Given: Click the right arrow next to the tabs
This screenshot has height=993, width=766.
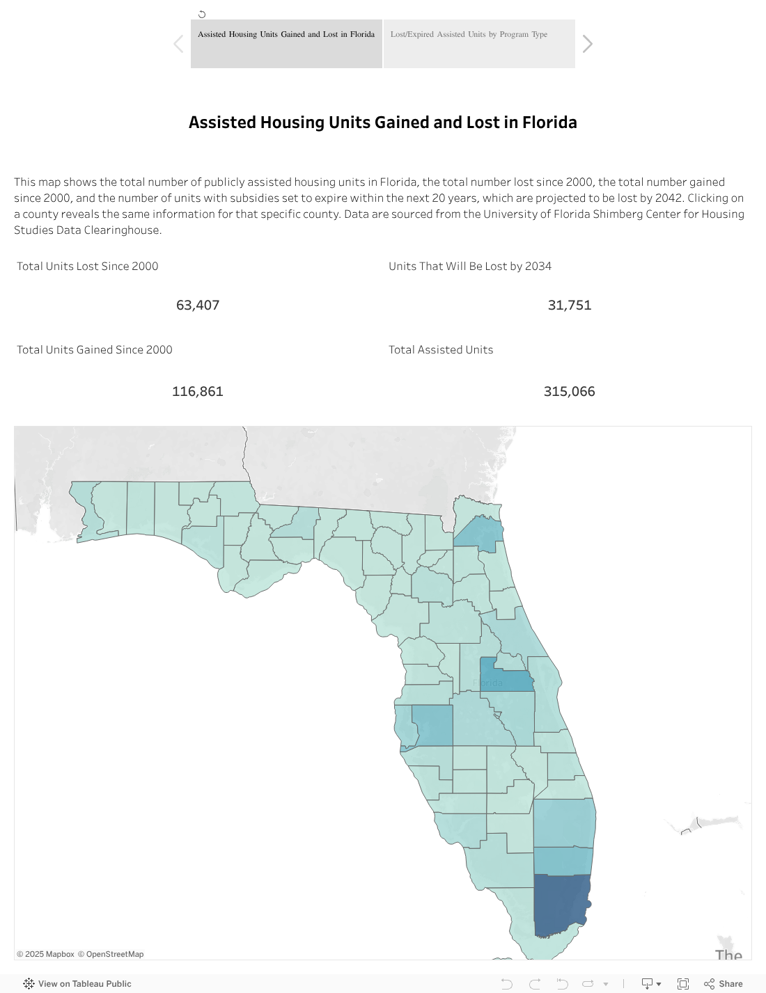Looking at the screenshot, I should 588,44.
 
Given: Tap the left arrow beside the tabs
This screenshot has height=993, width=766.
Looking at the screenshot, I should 178,44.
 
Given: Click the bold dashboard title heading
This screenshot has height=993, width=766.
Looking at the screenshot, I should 382,122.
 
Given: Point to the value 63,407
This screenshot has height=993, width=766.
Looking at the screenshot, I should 198,305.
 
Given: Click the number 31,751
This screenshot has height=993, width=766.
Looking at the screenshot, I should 569,305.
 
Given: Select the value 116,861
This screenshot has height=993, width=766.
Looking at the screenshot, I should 198,391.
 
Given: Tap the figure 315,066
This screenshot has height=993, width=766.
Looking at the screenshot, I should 569,391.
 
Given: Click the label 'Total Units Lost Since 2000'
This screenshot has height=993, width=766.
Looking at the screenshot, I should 88,266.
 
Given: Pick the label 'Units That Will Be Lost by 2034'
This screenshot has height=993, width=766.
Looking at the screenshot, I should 470,266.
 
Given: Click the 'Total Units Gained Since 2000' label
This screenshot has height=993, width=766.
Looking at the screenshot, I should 95,349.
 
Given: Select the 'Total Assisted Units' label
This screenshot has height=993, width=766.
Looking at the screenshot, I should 441,349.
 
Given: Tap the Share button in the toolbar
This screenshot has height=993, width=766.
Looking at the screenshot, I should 724,983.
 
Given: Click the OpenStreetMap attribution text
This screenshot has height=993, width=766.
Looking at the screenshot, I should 111,954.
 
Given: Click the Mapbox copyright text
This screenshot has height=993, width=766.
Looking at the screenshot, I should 45,954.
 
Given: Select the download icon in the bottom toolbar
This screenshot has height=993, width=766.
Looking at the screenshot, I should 648,983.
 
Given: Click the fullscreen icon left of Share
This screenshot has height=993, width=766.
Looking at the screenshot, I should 683,983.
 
